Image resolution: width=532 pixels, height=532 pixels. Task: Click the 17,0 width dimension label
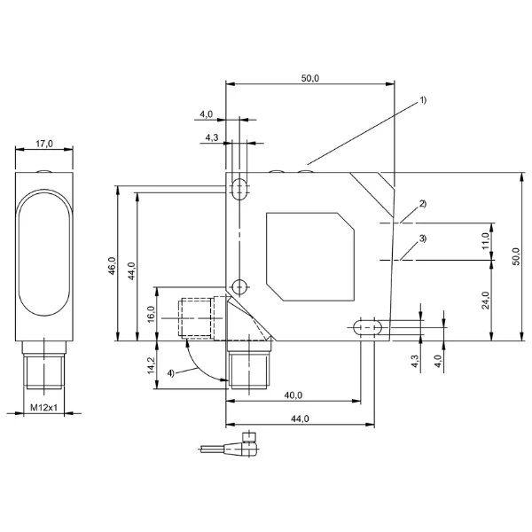[44, 144]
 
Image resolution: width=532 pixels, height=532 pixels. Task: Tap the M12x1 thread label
[44, 407]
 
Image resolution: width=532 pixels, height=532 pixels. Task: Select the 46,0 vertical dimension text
[113, 266]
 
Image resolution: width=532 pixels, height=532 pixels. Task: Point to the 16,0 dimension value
[152, 314]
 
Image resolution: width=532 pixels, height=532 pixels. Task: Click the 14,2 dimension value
[152, 365]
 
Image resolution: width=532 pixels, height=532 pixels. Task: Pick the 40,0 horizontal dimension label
[293, 395]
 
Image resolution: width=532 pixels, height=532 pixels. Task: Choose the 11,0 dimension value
[486, 241]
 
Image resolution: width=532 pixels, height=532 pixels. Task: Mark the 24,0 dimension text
[486, 301]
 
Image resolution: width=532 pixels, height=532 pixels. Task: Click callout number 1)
[423, 100]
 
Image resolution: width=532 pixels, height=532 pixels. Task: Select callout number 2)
[423, 204]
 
